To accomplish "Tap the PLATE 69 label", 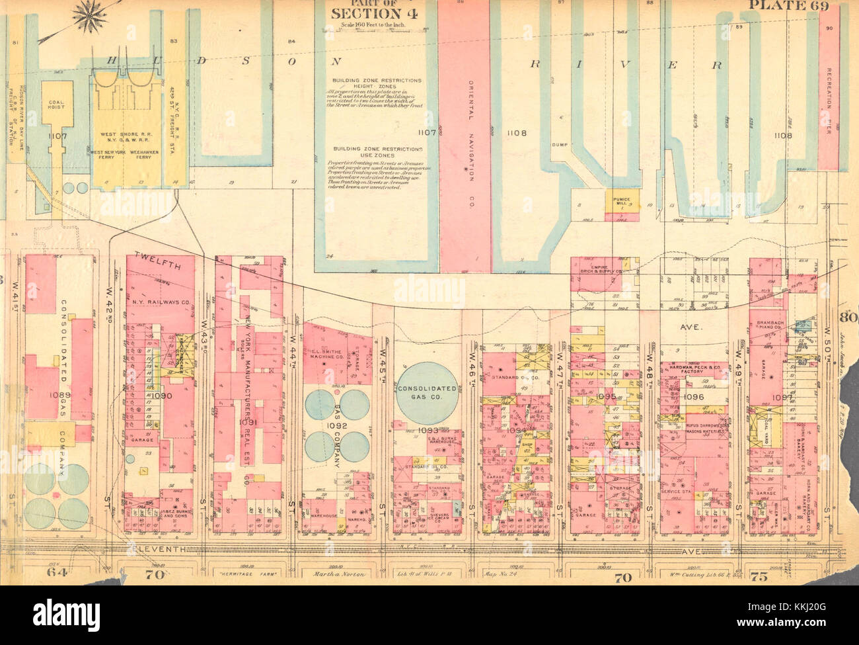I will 793,7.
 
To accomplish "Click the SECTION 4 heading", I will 362,13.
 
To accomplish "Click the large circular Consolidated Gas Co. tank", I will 428,389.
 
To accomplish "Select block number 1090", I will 162,396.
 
